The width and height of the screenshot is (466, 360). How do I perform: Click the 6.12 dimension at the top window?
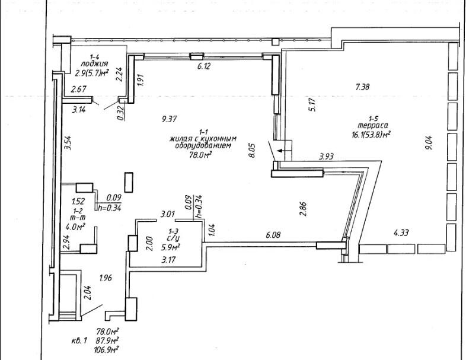(x=205, y=66)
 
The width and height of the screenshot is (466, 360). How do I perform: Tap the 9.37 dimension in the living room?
(x=170, y=119)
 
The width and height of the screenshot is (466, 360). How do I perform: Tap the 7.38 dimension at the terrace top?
(x=362, y=87)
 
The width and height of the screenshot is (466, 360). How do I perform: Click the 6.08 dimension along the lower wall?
(x=273, y=235)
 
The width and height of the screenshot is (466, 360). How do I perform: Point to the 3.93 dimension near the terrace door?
(x=327, y=157)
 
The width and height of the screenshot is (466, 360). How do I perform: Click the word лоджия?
(x=95, y=63)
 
